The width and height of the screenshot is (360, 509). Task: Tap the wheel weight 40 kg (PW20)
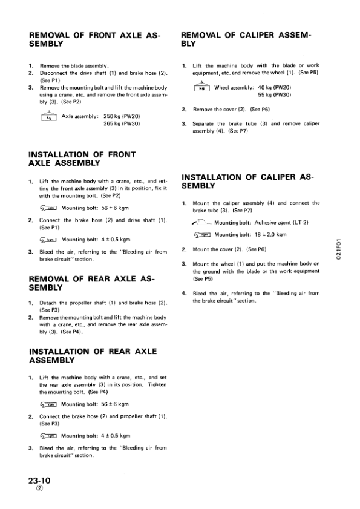[275, 87]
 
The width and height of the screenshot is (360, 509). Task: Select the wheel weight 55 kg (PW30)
[275, 95]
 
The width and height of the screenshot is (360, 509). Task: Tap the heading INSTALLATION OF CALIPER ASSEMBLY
[247, 181]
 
